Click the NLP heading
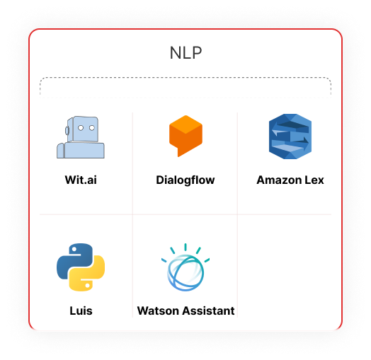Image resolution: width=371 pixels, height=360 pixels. [185, 52]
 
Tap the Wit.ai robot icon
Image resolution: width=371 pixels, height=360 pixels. [81, 137]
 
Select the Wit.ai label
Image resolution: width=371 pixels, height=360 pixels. [81, 180]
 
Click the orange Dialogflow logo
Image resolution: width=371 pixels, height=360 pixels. [185, 136]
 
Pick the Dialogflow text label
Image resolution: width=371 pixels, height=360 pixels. [185, 180]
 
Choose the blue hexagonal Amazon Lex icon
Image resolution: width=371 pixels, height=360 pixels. [290, 137]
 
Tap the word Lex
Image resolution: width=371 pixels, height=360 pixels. [314, 180]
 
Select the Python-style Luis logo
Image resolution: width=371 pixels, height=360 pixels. [81, 267]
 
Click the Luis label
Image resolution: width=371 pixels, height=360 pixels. [81, 310]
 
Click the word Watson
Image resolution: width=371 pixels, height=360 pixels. [159, 310]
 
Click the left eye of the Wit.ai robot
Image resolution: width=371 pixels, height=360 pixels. [81, 128]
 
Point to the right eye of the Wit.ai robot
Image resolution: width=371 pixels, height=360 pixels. [92, 128]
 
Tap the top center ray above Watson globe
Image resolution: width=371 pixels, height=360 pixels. [185, 247]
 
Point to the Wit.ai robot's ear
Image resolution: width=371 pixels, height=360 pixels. [67, 130]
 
